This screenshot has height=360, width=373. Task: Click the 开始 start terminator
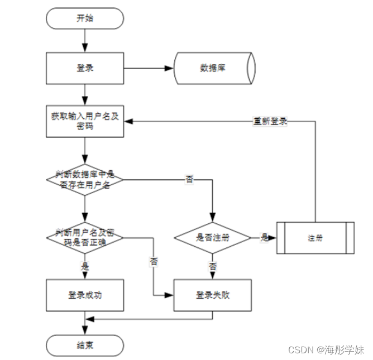85,18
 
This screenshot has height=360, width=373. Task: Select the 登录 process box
85,69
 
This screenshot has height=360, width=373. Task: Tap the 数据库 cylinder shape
214,69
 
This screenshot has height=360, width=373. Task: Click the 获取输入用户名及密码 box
85,122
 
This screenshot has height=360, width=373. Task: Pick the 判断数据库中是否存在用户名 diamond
85,180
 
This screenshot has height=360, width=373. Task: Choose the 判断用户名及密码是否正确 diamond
85,237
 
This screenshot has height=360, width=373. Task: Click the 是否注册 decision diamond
212,237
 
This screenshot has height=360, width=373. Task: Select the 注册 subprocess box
315,238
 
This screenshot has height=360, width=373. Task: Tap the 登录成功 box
85,295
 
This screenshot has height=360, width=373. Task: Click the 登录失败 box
212,295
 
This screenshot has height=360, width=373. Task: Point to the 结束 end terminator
85,345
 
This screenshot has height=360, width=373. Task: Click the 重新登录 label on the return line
270,121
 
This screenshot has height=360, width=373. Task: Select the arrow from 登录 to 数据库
149,69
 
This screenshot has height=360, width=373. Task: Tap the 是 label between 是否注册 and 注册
264,237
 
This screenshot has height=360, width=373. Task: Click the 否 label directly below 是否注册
212,267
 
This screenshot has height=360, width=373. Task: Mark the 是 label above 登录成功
85,267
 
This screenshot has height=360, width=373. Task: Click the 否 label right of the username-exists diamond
189,180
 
